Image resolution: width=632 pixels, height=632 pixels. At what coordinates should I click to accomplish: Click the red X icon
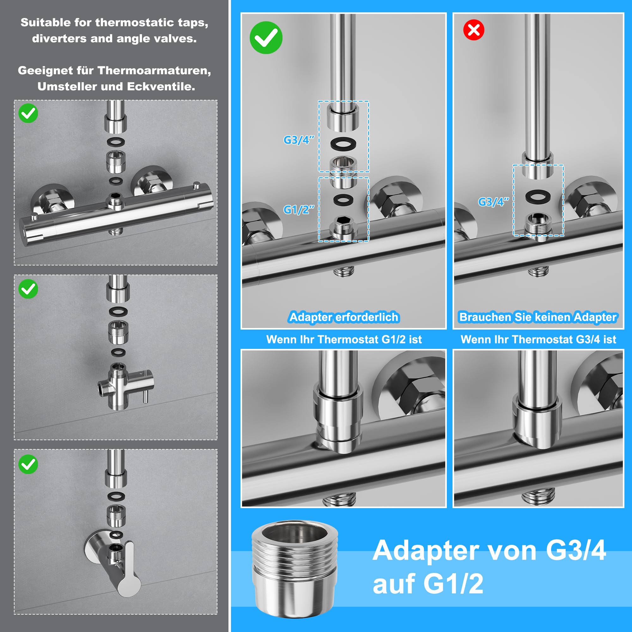point(474,30)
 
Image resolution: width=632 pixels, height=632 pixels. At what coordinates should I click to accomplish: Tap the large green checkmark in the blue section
point(266,38)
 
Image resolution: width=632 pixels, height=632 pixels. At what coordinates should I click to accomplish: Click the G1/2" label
point(299,210)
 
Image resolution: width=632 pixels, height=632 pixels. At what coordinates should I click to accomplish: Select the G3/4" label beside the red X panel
point(494,202)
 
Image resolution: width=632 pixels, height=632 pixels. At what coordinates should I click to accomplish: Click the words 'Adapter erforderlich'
point(344,317)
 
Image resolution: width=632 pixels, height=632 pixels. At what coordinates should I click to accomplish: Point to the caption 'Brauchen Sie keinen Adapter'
point(538,317)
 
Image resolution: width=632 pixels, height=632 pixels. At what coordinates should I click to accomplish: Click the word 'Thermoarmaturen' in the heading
point(155,70)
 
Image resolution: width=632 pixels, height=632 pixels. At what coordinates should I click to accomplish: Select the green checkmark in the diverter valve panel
point(28,289)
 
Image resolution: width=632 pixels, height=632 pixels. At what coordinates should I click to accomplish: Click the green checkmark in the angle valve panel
point(28,464)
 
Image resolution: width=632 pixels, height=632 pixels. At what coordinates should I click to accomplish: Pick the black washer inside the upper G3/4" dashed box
point(343,143)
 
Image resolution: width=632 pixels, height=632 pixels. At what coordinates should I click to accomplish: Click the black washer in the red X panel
point(538,196)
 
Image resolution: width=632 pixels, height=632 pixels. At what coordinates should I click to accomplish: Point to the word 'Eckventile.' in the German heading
point(161,86)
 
